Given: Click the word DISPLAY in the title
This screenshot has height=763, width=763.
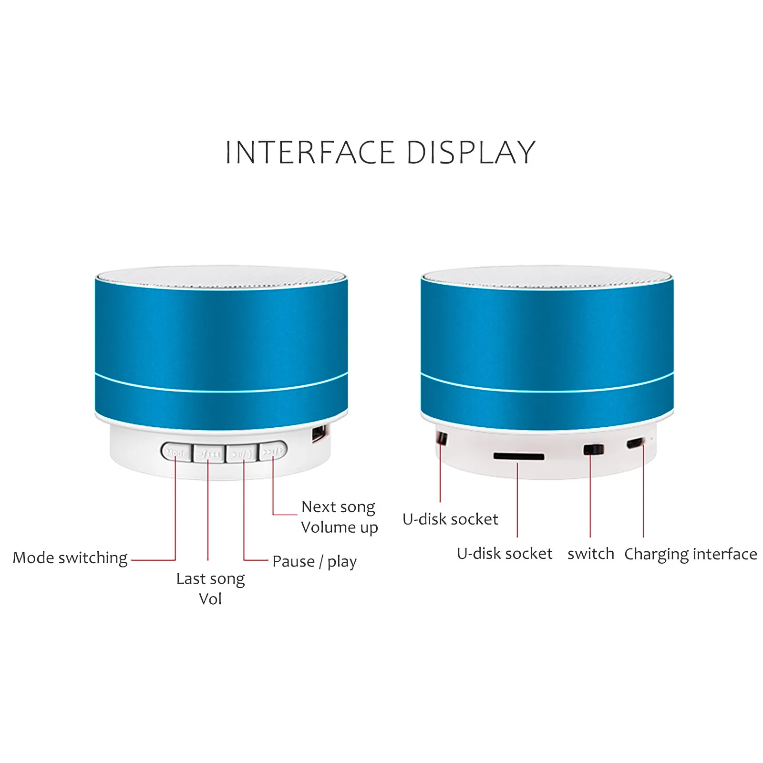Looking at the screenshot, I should click(471, 153).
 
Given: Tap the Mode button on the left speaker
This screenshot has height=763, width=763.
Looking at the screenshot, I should click(177, 452).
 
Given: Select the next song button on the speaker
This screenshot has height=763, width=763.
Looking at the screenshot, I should click(273, 451).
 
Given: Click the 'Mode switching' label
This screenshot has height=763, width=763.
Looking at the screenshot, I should click(70, 558).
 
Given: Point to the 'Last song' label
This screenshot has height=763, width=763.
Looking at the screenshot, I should click(210, 579).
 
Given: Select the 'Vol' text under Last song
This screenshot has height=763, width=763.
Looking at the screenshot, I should click(210, 599).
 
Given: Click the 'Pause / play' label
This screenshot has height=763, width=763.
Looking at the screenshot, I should click(314, 562).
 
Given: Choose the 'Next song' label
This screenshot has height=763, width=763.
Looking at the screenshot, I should click(338, 507).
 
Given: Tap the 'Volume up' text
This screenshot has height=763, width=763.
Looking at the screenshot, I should click(340, 527).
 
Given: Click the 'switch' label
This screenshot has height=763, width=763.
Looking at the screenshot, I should click(591, 554).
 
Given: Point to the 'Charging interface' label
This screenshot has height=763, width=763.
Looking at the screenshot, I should click(691, 554).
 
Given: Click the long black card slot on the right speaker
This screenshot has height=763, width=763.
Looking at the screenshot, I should click(519, 456).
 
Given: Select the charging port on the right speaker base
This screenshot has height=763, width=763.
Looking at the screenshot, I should click(635, 443).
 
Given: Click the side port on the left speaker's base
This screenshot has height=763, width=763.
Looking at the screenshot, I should click(319, 434).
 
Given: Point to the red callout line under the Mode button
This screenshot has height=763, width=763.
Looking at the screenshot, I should click(175, 510).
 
